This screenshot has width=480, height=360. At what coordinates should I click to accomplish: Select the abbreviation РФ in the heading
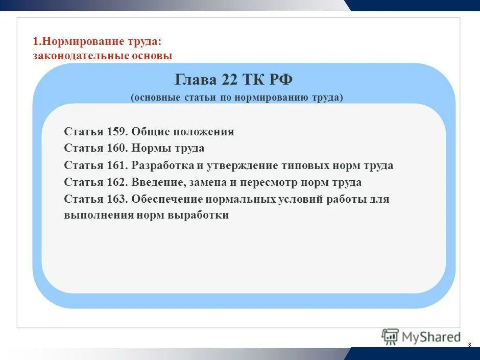(280, 80)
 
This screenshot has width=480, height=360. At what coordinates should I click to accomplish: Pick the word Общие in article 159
(150, 132)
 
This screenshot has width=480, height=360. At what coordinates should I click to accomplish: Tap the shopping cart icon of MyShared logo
(390, 337)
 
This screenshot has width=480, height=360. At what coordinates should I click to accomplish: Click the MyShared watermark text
(431, 337)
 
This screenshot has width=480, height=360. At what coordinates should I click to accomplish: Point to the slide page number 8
(469, 346)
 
